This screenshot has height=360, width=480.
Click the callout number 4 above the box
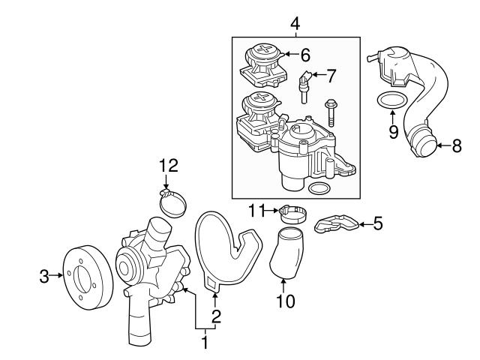pyautogui.click(x=295, y=24)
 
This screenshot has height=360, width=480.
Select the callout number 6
pyautogui.click(x=304, y=54)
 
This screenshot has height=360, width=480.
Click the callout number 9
pyautogui.click(x=391, y=132)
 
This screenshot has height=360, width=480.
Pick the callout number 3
pyautogui.click(x=43, y=277)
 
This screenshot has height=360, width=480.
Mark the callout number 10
pyautogui.click(x=285, y=301)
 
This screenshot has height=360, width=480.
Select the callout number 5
pyautogui.click(x=378, y=223)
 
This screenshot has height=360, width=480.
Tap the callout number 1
pyautogui.click(x=202, y=343)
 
